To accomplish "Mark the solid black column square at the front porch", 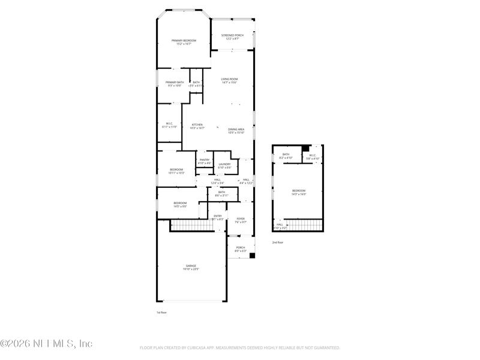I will click(x=252, y=256).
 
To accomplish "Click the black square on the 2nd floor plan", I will click(x=305, y=148).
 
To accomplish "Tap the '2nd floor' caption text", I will click(x=278, y=242).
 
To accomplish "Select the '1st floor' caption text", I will click(x=162, y=313).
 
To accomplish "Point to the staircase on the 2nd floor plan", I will click(x=305, y=225).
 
